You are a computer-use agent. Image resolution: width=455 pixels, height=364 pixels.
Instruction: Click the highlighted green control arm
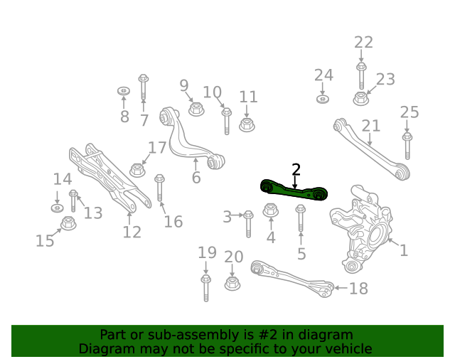click(x=293, y=190)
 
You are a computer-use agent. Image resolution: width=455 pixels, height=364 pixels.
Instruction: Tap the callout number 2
click(x=296, y=169)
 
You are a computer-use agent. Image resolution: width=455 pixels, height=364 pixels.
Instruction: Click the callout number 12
click(x=132, y=232)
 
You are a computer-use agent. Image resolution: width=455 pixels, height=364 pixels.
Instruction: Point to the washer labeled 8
click(x=123, y=92)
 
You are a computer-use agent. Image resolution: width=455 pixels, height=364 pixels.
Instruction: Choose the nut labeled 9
click(x=196, y=109)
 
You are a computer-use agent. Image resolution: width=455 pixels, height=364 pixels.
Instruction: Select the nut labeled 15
click(x=68, y=223)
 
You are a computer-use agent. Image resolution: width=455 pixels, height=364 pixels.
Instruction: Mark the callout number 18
click(x=359, y=288)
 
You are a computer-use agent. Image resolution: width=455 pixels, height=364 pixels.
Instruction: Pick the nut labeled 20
click(x=232, y=283)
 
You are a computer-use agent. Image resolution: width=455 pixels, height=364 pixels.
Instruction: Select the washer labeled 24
click(x=323, y=98)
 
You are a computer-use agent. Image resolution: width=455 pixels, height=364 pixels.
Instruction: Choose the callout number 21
click(x=371, y=126)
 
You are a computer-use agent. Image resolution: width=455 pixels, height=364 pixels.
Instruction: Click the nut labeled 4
click(x=271, y=210)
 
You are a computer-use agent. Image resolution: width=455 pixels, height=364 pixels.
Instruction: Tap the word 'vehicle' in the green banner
click(x=348, y=348)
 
